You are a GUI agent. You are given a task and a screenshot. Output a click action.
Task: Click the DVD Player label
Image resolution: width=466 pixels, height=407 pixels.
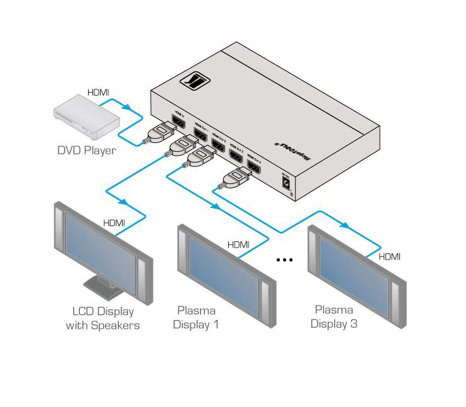[86, 151]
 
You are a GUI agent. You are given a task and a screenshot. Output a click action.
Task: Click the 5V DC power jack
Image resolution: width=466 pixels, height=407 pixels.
[287, 183]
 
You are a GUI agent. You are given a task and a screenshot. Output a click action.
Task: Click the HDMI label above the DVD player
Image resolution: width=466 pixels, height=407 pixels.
[98, 93]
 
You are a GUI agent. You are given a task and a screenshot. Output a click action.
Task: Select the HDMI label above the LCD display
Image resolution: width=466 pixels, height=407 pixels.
[114, 222]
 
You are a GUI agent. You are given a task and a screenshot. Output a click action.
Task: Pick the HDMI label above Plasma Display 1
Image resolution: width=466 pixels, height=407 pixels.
[238, 244]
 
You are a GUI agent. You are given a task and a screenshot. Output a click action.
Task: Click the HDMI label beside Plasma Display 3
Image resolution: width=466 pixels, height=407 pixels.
[389, 256]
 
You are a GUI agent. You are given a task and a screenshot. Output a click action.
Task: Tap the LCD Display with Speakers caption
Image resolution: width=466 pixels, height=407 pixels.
[103, 318]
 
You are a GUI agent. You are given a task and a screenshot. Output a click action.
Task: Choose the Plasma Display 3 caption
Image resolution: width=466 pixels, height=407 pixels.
[333, 317]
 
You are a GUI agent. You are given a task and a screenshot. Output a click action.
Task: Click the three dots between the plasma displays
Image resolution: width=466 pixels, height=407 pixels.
[285, 259]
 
